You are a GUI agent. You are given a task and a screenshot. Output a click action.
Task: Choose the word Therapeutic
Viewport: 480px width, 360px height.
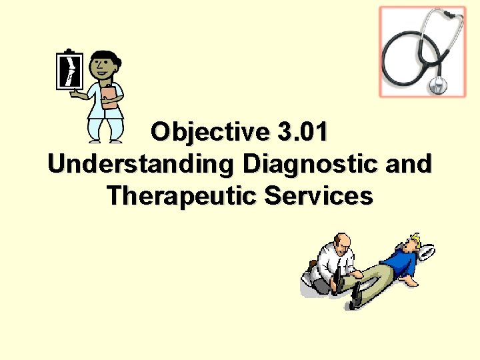point(179,196)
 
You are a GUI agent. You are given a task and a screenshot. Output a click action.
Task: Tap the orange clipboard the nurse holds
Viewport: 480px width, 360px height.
point(110,96)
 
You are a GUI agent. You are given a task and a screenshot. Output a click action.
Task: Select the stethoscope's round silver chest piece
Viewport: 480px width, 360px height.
point(438,85)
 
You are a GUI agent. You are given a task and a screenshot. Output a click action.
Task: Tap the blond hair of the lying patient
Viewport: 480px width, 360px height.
point(417,238)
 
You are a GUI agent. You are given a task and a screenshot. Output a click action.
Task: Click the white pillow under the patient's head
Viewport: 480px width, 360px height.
point(427,251)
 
